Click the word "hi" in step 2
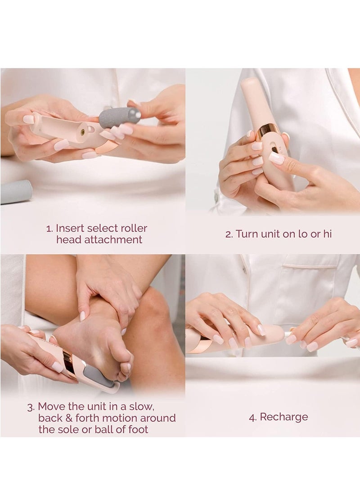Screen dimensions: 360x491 pos(327,234)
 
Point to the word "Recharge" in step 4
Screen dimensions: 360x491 pos(283,417)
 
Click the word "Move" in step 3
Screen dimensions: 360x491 pos(51,406)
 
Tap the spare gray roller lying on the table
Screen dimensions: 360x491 pos(16,192)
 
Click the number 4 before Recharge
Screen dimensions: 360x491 pos(252,417)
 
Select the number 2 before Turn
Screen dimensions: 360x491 pos(229,234)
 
